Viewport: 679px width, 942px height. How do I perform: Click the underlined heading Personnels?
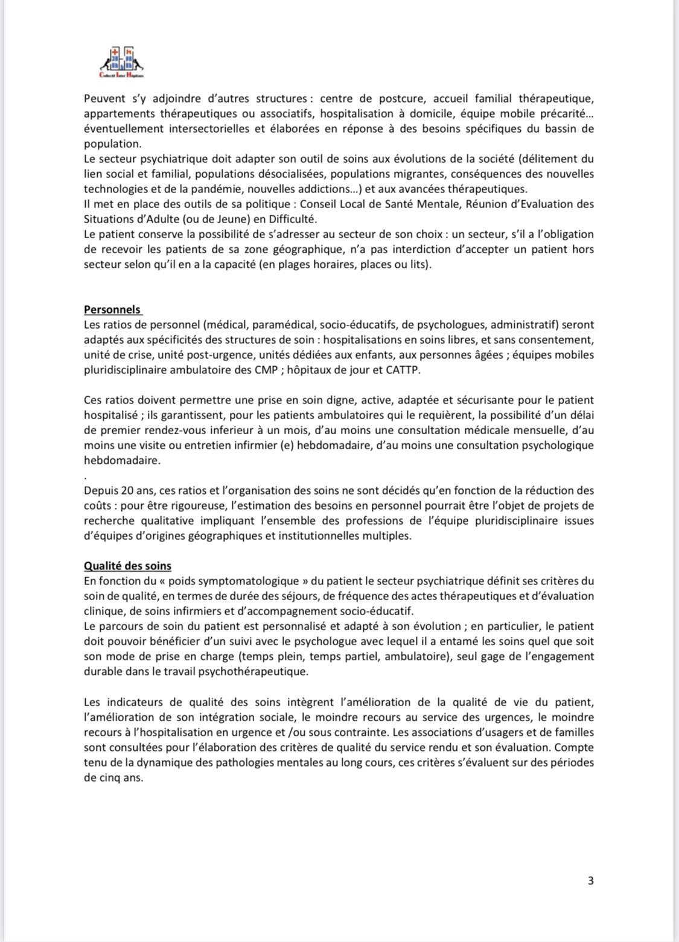pyautogui.click(x=112, y=310)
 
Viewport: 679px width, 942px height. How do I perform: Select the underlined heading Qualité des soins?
pyautogui.click(x=127, y=566)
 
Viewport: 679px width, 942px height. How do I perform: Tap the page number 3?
pyautogui.click(x=590, y=880)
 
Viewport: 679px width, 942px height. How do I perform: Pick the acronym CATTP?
pyautogui.click(x=401, y=370)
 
